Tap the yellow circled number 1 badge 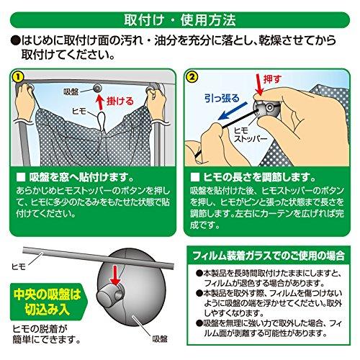point(18,76)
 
